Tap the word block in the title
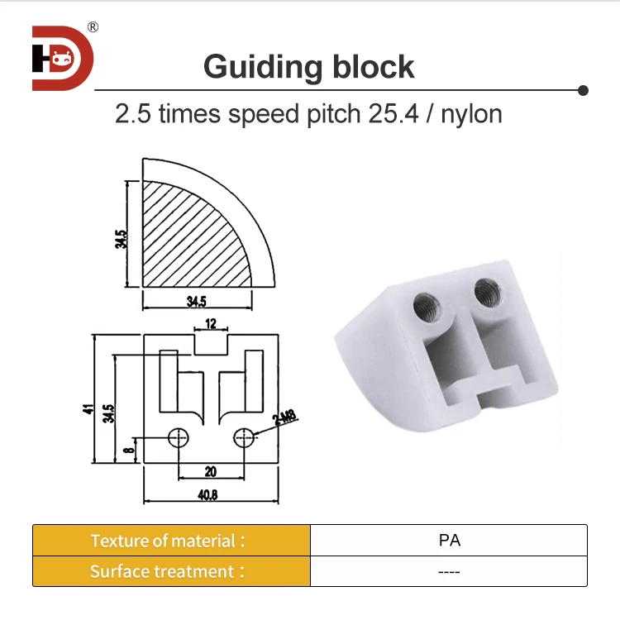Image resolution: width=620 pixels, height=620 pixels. click(x=370, y=66)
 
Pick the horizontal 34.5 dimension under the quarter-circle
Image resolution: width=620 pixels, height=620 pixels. click(x=197, y=301)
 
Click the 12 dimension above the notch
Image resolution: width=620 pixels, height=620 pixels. click(x=211, y=323)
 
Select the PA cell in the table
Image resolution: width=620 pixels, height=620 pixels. click(x=449, y=541)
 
